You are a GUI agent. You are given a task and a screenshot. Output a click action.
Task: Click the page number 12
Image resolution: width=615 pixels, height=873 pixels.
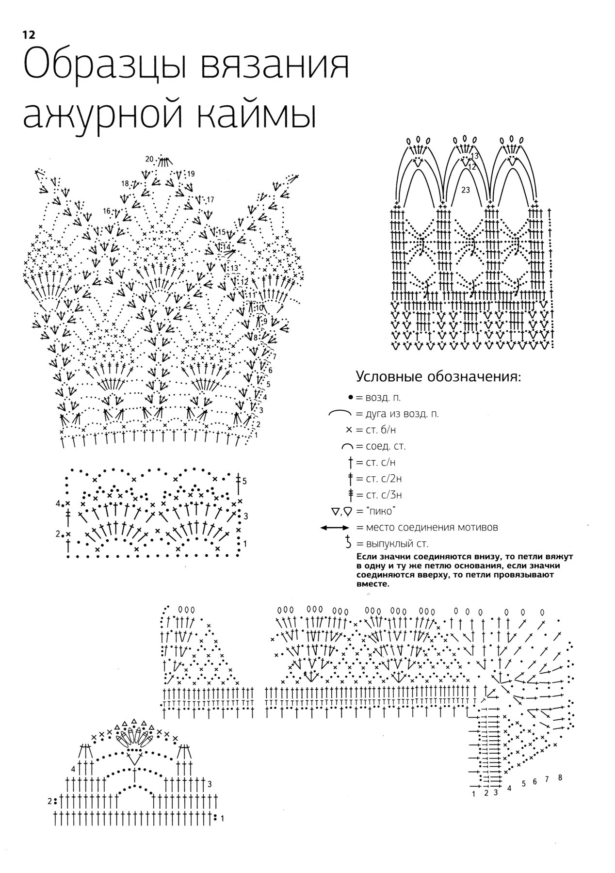coord(28,34)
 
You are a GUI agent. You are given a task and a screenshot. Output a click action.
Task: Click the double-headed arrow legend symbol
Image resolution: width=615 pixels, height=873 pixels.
coord(334,528)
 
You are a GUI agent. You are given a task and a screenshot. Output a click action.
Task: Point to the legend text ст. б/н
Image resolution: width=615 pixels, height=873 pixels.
coord(373,430)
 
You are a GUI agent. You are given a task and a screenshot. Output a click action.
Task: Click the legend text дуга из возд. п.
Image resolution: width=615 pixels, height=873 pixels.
coord(398,414)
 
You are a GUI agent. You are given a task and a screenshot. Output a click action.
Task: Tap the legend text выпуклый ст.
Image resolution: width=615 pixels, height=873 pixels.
coord(393,544)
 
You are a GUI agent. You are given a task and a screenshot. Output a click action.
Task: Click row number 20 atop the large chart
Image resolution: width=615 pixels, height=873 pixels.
coord(149,159)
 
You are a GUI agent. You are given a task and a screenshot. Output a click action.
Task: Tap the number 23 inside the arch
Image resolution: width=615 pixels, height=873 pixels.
coord(466,191)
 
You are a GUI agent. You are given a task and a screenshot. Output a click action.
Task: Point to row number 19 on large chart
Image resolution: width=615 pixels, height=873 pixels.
coord(191,174)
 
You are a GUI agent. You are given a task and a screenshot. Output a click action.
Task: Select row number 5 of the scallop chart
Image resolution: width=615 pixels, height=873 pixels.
coord(245,481)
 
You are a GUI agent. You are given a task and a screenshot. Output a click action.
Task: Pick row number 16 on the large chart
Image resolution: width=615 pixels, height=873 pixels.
coord(107,211)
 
